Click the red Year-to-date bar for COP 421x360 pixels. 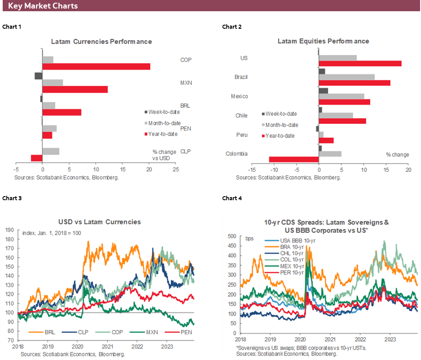[96, 66]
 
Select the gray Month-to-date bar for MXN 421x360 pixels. [53, 83]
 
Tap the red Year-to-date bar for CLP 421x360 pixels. [36, 158]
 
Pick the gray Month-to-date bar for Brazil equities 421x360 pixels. [346, 77]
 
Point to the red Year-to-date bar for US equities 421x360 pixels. [360, 63]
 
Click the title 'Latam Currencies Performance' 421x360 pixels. [101, 41]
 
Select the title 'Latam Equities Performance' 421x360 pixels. [323, 41]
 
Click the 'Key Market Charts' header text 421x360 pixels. [43, 6]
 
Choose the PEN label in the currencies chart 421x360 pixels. [185, 128]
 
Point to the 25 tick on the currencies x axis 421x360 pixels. [176, 170]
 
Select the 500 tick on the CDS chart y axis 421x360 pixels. [232, 236]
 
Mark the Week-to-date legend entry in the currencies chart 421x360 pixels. [165, 112]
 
